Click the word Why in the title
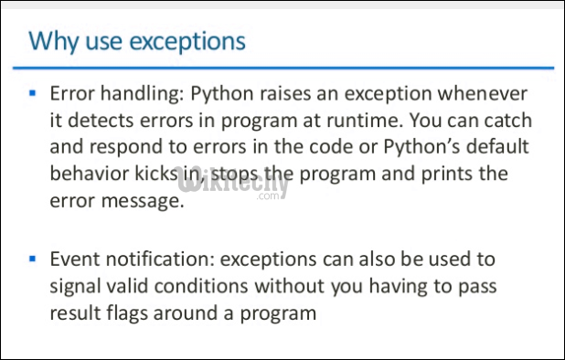tap(48, 41)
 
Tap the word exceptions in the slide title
tap(187, 42)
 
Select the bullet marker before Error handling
tap(33, 93)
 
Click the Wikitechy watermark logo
tap(242, 185)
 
